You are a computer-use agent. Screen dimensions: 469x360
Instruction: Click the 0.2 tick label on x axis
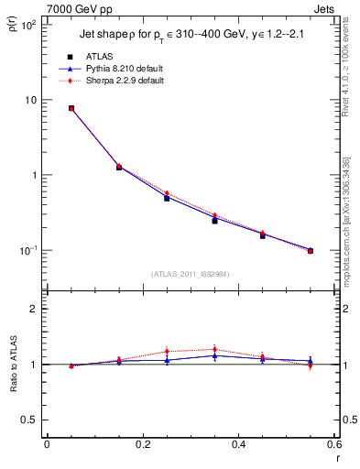(142, 444)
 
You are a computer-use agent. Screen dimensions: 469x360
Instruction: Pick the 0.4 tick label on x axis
(238, 444)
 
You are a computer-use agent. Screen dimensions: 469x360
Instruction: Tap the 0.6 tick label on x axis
(333, 444)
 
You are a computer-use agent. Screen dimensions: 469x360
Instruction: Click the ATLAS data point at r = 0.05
(71, 108)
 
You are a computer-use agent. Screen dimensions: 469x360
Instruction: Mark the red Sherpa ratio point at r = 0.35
(214, 349)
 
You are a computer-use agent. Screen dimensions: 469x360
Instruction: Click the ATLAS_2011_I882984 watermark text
(191, 274)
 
